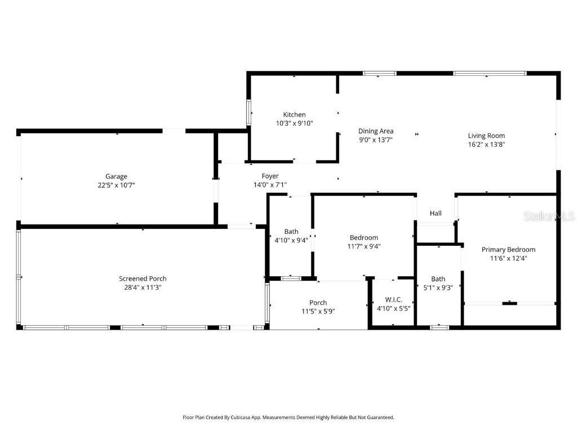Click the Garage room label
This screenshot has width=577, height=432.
pos(116,176)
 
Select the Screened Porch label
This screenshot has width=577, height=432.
pos(143,278)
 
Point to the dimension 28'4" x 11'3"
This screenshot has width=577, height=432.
pos(143,287)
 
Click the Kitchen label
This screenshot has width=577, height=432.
pos(294,115)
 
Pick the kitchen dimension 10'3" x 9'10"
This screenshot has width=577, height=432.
pos(294,123)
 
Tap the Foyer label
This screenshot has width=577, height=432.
pos(270,176)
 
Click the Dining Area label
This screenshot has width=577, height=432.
pos(376,131)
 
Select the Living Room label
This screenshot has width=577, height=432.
pos(486,136)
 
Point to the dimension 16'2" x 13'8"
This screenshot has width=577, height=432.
pos(486,144)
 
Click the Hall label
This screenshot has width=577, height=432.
pos(436,213)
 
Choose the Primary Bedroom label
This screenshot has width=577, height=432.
pos(508,250)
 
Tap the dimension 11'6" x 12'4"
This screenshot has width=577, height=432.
pos(508,258)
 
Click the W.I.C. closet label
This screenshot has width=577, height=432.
pos(393,299)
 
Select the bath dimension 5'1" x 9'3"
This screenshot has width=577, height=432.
pos(438,287)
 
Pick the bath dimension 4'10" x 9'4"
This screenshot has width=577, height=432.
pos(291,240)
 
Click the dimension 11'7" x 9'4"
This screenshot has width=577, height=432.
pos(364,246)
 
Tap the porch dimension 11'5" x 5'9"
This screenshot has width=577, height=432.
pos(318,311)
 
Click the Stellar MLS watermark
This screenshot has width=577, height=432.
pos(549,217)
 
